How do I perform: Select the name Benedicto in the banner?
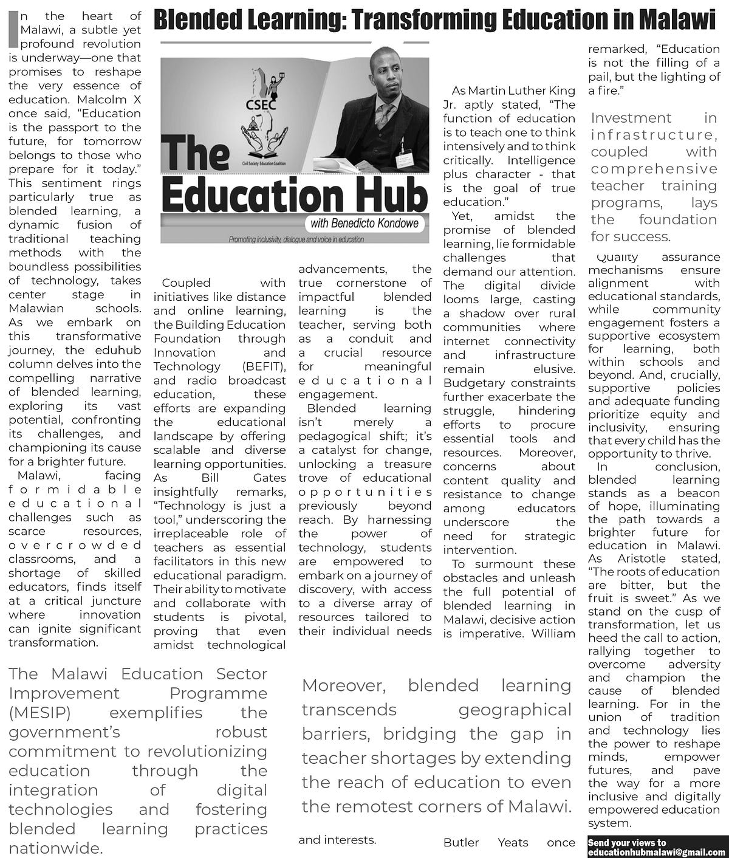click(x=357, y=224)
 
